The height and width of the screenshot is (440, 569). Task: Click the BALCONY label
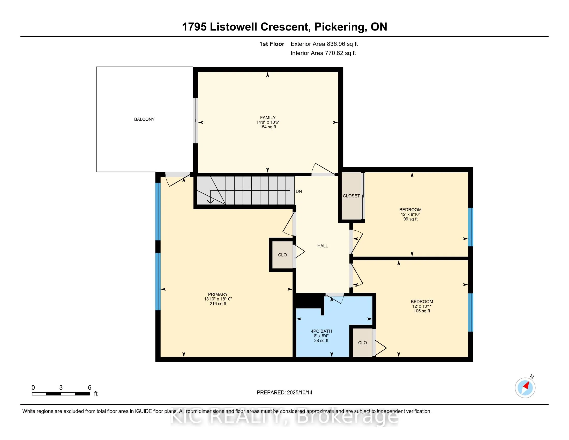tap(144, 119)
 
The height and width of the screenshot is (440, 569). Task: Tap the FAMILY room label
tap(268, 118)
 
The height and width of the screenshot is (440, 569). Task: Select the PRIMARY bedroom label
tap(218, 294)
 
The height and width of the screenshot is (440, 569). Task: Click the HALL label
tap(323, 246)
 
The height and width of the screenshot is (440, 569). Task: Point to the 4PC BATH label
tap(321, 331)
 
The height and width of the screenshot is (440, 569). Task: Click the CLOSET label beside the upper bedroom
tap(351, 196)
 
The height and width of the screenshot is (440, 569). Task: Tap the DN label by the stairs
tap(299, 191)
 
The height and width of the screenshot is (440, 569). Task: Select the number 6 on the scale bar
tap(90, 388)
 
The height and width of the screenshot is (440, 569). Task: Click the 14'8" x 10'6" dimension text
tap(268, 122)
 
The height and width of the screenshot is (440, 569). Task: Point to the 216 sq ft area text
tap(218, 304)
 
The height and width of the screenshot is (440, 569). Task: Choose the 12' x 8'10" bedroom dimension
tap(410, 214)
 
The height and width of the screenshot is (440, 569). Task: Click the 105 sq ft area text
tap(422, 311)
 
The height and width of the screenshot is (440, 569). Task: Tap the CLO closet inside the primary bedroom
tap(282, 255)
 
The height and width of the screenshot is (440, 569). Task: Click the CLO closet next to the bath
tap(362, 343)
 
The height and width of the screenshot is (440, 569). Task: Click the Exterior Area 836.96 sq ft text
tap(324, 44)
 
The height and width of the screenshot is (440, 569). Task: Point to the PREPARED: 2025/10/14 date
tap(284, 393)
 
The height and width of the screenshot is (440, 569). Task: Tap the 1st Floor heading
tap(272, 44)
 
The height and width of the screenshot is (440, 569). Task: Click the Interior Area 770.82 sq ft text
tap(323, 53)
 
